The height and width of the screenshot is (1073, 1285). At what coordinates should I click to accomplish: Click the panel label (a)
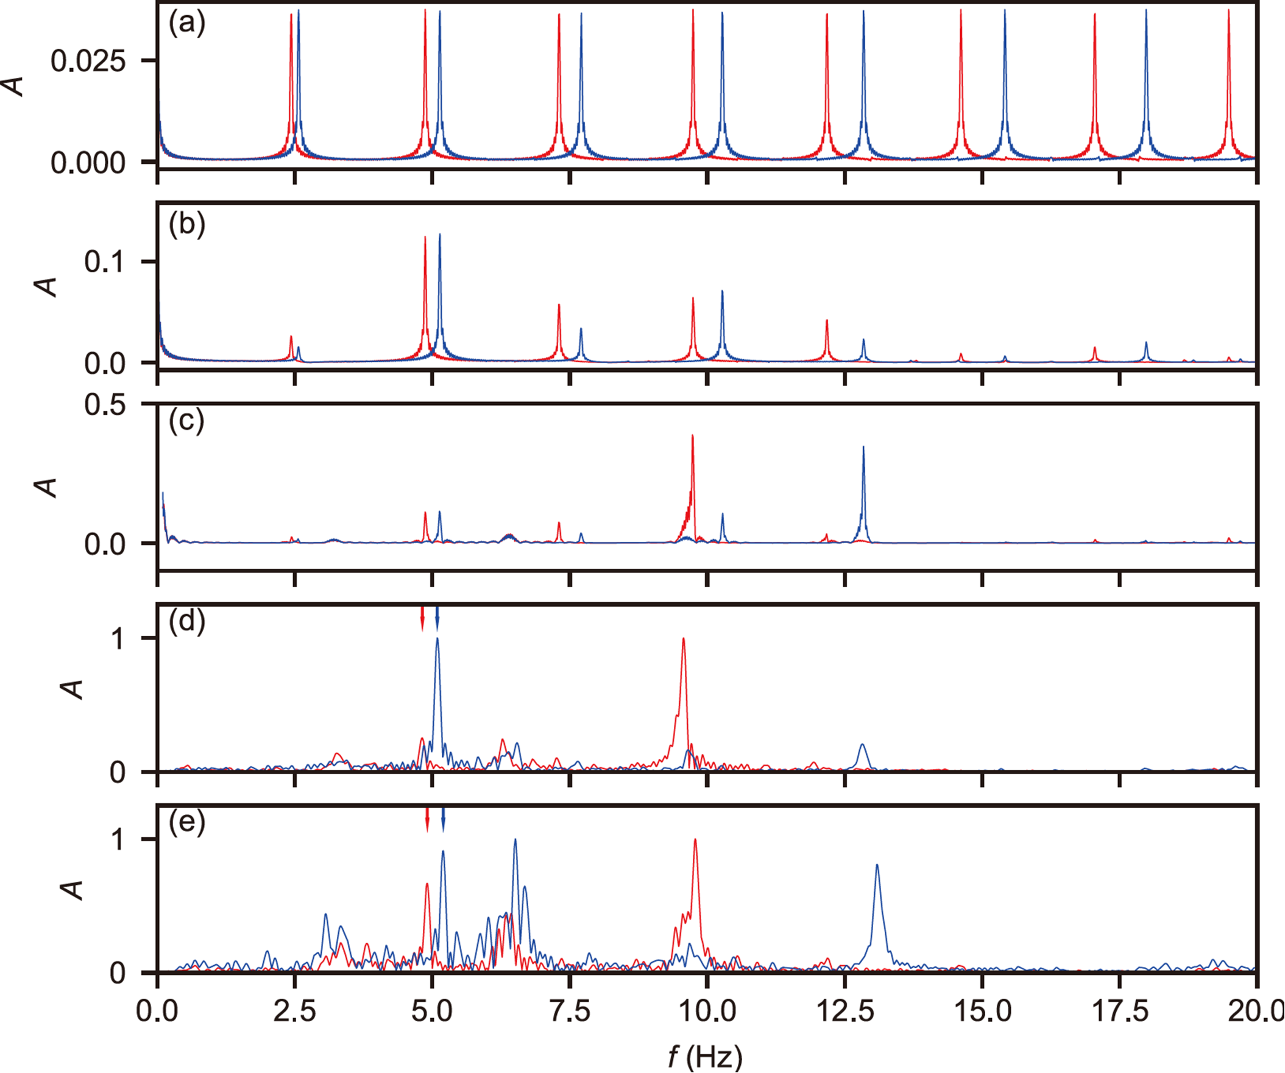(186, 24)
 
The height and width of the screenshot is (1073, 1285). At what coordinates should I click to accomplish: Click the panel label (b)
(186, 225)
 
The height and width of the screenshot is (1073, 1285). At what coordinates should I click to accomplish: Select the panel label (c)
(186, 421)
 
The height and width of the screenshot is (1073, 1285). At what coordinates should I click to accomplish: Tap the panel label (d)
(186, 622)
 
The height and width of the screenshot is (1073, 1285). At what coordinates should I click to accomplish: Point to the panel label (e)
(186, 821)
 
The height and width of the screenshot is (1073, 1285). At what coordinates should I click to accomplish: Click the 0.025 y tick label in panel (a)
(88, 61)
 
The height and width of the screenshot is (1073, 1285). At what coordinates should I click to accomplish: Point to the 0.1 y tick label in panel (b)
(105, 262)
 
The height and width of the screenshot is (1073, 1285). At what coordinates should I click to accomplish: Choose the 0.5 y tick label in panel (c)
(105, 405)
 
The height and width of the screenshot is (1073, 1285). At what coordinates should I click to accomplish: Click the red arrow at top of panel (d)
(422, 619)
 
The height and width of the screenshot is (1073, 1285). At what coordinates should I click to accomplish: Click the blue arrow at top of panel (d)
(437, 619)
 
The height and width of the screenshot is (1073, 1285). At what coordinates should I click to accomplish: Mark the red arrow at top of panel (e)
(427, 820)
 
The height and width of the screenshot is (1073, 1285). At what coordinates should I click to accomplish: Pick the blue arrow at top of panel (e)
(443, 820)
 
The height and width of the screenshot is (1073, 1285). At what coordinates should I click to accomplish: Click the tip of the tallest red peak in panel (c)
(692, 436)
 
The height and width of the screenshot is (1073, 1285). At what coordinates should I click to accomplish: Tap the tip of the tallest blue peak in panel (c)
(863, 447)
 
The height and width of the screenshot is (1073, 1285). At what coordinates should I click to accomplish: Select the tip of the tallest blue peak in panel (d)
(437, 639)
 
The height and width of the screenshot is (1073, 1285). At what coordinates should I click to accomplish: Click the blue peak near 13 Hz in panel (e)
(877, 865)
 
